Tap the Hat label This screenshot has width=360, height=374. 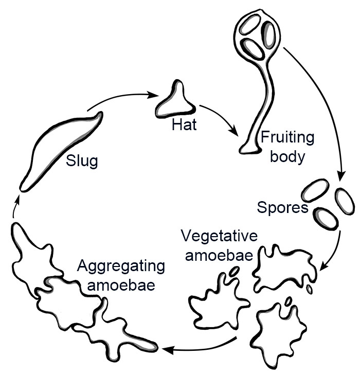184,124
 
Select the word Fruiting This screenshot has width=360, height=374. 287,138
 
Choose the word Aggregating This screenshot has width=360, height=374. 121,266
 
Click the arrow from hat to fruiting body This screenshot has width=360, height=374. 221,118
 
